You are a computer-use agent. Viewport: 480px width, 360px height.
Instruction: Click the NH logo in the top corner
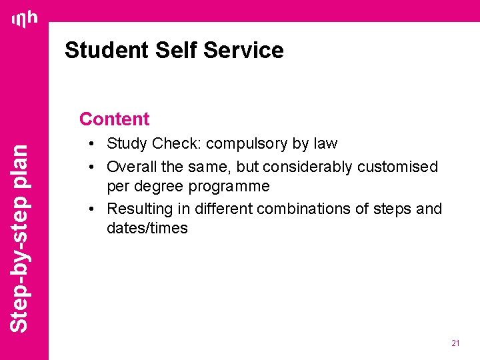(25, 20)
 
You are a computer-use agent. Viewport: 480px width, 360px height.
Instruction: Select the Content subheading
(114, 119)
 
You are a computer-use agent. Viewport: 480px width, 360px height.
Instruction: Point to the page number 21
(455, 343)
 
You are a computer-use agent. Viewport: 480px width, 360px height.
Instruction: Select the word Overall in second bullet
(131, 166)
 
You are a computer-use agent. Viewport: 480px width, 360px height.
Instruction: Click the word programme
(229, 186)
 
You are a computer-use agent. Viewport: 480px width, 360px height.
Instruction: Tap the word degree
(159, 186)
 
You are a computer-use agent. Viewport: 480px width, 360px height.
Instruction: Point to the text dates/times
(147, 228)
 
